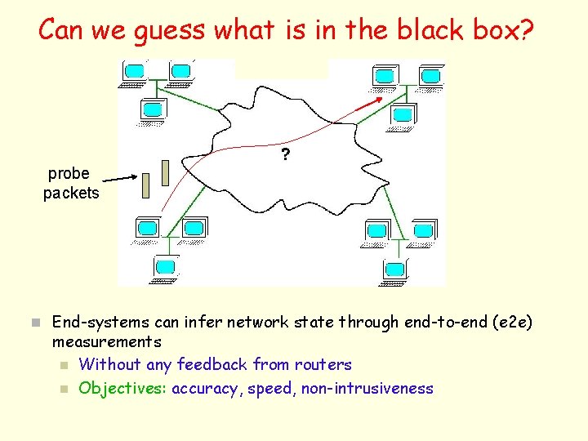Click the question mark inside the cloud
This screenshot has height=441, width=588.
(285, 154)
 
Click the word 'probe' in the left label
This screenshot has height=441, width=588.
(69, 173)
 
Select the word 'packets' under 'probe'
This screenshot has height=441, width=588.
(71, 194)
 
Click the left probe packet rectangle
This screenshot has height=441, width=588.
(147, 186)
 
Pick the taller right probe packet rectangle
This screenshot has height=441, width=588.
(166, 172)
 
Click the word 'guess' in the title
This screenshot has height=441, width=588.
(174, 30)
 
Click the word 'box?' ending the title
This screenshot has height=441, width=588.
(502, 30)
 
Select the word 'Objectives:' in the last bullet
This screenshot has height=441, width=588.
(122, 389)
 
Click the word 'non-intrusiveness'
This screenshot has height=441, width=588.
(367, 389)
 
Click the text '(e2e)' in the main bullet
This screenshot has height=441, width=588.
(513, 322)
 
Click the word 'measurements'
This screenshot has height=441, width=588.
(106, 341)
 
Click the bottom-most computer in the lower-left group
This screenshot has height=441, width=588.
(166, 267)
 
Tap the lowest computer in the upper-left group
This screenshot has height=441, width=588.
(153, 109)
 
